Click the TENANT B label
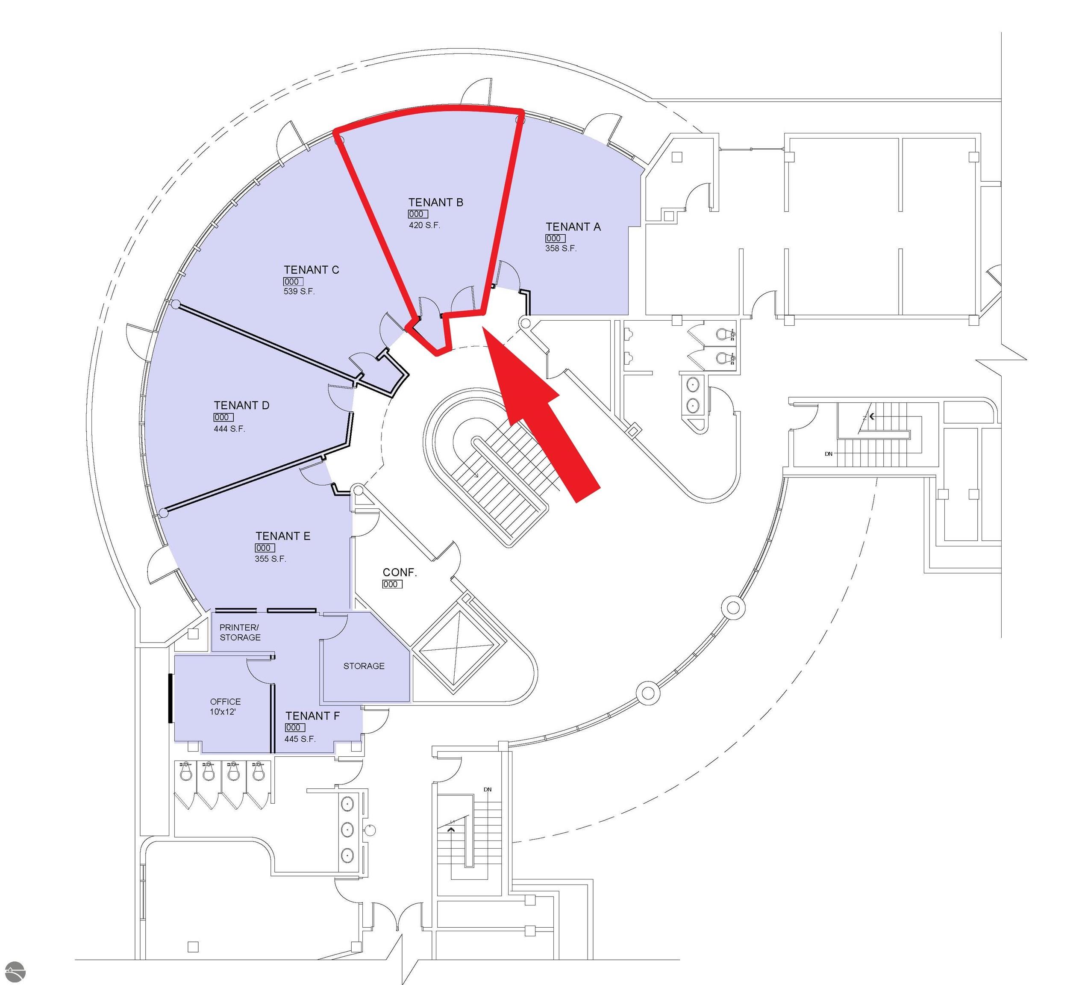435,202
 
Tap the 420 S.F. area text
424,225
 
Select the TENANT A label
573,227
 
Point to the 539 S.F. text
299,292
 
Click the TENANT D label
241,405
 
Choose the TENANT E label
282,536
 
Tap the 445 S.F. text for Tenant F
300,739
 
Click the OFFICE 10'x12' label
225,706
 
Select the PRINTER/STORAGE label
240,632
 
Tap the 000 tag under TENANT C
292,281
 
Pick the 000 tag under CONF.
392,584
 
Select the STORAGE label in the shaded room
364,666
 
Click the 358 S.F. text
560,248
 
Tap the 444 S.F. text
229,429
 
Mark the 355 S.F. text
270,559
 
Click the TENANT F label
312,716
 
